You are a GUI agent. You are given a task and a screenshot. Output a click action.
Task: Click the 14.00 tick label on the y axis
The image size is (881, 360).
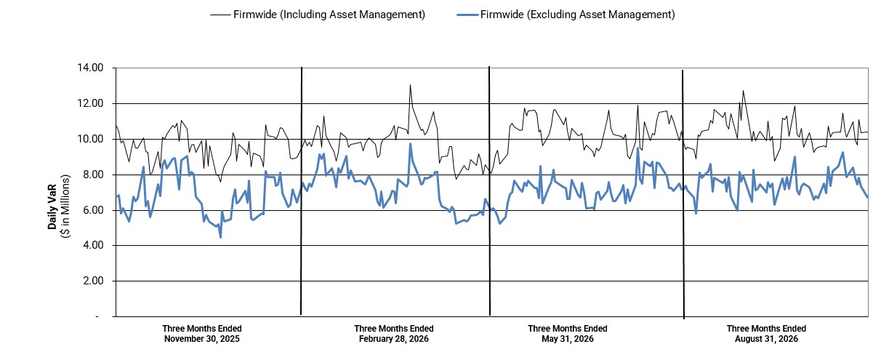pyautogui.click(x=90, y=68)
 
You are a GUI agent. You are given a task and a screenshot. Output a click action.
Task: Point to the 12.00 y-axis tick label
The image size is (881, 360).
pyautogui.click(x=90, y=104)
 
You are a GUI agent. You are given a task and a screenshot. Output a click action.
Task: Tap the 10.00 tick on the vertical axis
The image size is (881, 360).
pyautogui.click(x=90, y=140)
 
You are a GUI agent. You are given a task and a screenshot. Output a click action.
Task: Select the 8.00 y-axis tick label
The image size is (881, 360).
pyautogui.click(x=93, y=175)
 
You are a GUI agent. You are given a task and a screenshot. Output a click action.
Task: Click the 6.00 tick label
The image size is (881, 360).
pyautogui.click(x=93, y=210)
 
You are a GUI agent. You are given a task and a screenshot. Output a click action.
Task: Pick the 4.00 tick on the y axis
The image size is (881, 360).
pyautogui.click(x=93, y=246)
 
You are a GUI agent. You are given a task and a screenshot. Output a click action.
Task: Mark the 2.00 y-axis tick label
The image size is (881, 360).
pyautogui.click(x=93, y=281)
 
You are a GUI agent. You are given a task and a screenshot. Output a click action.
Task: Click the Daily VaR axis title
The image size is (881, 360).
pyautogui.click(x=52, y=207)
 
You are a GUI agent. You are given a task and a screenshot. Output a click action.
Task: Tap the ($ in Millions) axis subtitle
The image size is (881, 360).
pyautogui.click(x=65, y=206)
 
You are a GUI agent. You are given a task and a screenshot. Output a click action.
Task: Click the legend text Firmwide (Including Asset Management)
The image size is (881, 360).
pyautogui.click(x=329, y=15)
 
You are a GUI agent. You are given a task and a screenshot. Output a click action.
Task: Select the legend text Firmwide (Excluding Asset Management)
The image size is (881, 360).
pyautogui.click(x=577, y=15)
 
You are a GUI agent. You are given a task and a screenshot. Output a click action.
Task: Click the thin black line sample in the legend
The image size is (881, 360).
pyautogui.click(x=220, y=15)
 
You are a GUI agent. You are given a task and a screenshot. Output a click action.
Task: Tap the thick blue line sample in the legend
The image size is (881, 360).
pyautogui.click(x=467, y=15)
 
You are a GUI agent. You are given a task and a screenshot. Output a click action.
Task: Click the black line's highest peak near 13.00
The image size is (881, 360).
pyautogui.click(x=410, y=85)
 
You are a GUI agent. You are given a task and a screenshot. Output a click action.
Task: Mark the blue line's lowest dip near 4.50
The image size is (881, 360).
pyautogui.click(x=221, y=237)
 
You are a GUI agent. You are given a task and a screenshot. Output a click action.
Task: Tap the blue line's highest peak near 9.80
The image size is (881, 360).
pyautogui.click(x=410, y=143)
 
